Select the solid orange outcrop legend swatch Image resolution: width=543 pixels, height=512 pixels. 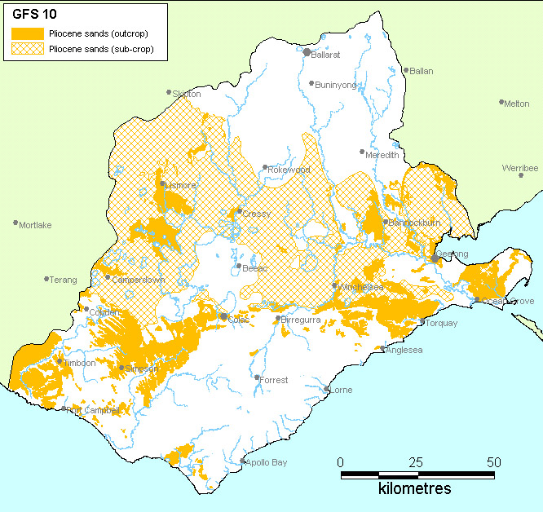click(x=28, y=34)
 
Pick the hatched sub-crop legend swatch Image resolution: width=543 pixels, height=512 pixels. click(x=28, y=50)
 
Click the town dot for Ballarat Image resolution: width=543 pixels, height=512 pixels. click(x=307, y=52)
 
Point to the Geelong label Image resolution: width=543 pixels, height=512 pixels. click(x=452, y=254)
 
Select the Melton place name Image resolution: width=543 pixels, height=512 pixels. click(x=517, y=104)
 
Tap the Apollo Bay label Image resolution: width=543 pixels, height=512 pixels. click(x=267, y=463)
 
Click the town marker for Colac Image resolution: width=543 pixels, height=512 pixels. click(x=223, y=316)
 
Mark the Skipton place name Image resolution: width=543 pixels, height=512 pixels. click(x=187, y=95)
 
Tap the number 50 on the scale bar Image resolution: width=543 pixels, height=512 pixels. click(x=493, y=462)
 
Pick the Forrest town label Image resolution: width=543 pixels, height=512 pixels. click(x=274, y=381)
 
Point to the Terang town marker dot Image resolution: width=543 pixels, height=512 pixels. click(x=47, y=279)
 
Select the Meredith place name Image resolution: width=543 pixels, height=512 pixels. click(x=382, y=155)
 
